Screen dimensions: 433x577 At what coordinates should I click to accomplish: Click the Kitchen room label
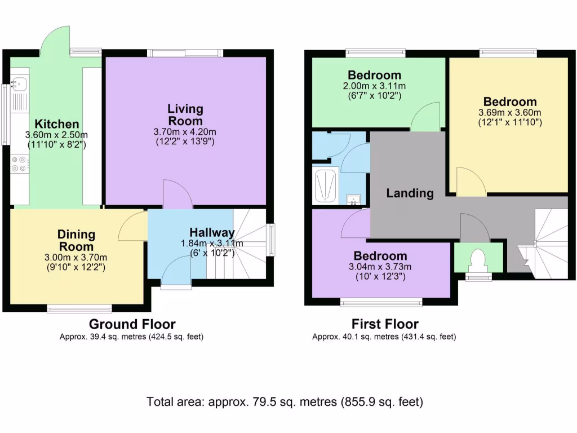click(x=57, y=124)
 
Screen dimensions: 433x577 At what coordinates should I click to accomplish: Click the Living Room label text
click(x=185, y=114)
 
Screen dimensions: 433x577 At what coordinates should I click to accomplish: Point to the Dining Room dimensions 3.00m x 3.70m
click(x=77, y=258)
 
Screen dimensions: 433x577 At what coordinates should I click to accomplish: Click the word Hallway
click(x=211, y=232)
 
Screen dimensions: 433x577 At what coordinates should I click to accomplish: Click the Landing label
click(x=410, y=193)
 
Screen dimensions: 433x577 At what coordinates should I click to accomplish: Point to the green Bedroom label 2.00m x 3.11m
click(x=374, y=75)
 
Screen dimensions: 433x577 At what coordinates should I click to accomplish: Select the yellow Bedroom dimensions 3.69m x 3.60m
click(x=510, y=112)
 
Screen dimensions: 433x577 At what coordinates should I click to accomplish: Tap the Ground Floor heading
click(x=132, y=324)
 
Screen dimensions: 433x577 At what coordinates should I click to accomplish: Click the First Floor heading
click(x=385, y=324)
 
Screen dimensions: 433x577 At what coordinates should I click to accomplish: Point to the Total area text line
click(x=285, y=402)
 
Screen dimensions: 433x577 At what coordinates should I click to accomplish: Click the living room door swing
click(x=177, y=195)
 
